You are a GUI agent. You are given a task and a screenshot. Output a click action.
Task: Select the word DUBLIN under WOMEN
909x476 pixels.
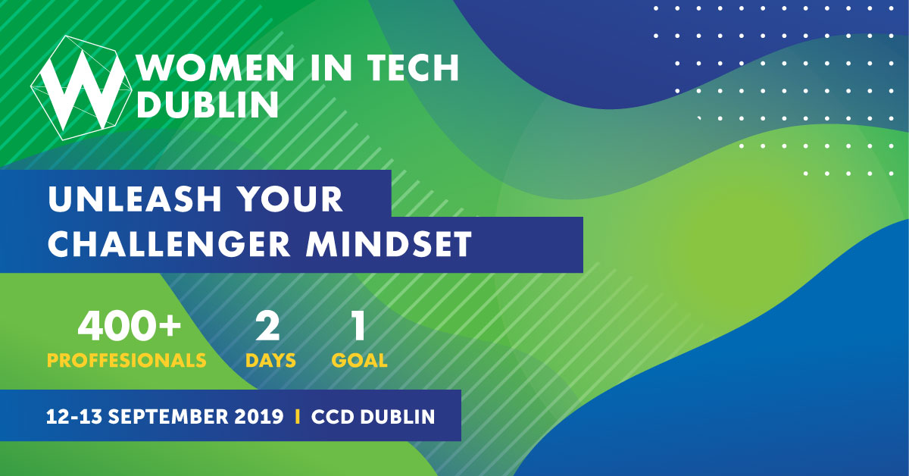(208, 104)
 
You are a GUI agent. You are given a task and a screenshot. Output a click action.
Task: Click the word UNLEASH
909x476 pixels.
(135, 199)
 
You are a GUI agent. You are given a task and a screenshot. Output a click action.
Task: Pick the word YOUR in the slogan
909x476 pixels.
(290, 199)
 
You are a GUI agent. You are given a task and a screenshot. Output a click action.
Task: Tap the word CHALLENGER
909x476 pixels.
(169, 244)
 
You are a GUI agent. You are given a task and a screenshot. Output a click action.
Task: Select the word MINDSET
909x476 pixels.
(389, 244)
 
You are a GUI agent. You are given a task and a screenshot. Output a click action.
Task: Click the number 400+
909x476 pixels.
(129, 326)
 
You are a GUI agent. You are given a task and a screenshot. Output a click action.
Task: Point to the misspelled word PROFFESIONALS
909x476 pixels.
(127, 360)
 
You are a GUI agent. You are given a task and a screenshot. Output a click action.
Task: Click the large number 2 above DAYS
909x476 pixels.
(267, 326)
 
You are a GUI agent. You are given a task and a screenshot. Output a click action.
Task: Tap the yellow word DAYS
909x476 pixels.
(270, 360)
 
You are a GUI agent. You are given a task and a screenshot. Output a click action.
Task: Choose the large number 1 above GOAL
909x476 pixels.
(359, 326)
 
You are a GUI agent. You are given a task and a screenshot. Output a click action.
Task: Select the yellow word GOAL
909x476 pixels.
(360, 360)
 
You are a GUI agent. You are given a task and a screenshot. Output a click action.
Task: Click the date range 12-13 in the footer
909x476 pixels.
(74, 417)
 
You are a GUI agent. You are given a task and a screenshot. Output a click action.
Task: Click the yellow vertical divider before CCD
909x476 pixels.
(298, 417)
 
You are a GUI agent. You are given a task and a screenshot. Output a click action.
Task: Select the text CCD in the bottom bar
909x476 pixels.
(332, 417)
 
